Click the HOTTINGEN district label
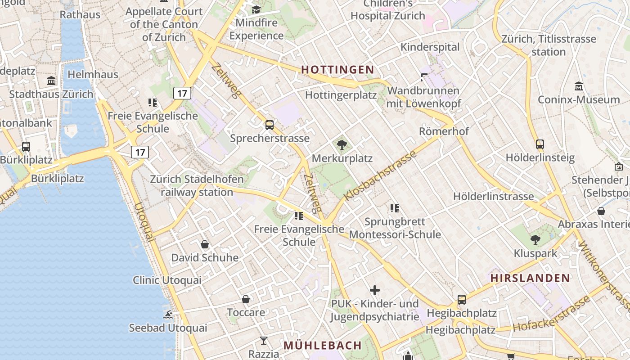point(337,70)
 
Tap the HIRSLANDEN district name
point(530,278)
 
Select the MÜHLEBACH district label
point(322,345)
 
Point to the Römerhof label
point(444,131)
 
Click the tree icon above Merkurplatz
point(342,145)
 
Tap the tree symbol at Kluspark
point(535,239)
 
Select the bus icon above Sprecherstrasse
point(270,125)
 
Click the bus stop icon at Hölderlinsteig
point(540,144)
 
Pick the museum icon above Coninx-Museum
point(579,86)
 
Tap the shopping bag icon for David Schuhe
point(205,244)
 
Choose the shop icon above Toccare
point(246,299)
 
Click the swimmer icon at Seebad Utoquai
point(168,315)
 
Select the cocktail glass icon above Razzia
point(264,341)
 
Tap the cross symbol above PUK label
point(374,290)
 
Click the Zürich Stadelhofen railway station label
point(197,186)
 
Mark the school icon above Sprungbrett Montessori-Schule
point(395,208)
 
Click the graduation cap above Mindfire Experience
point(256,9)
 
